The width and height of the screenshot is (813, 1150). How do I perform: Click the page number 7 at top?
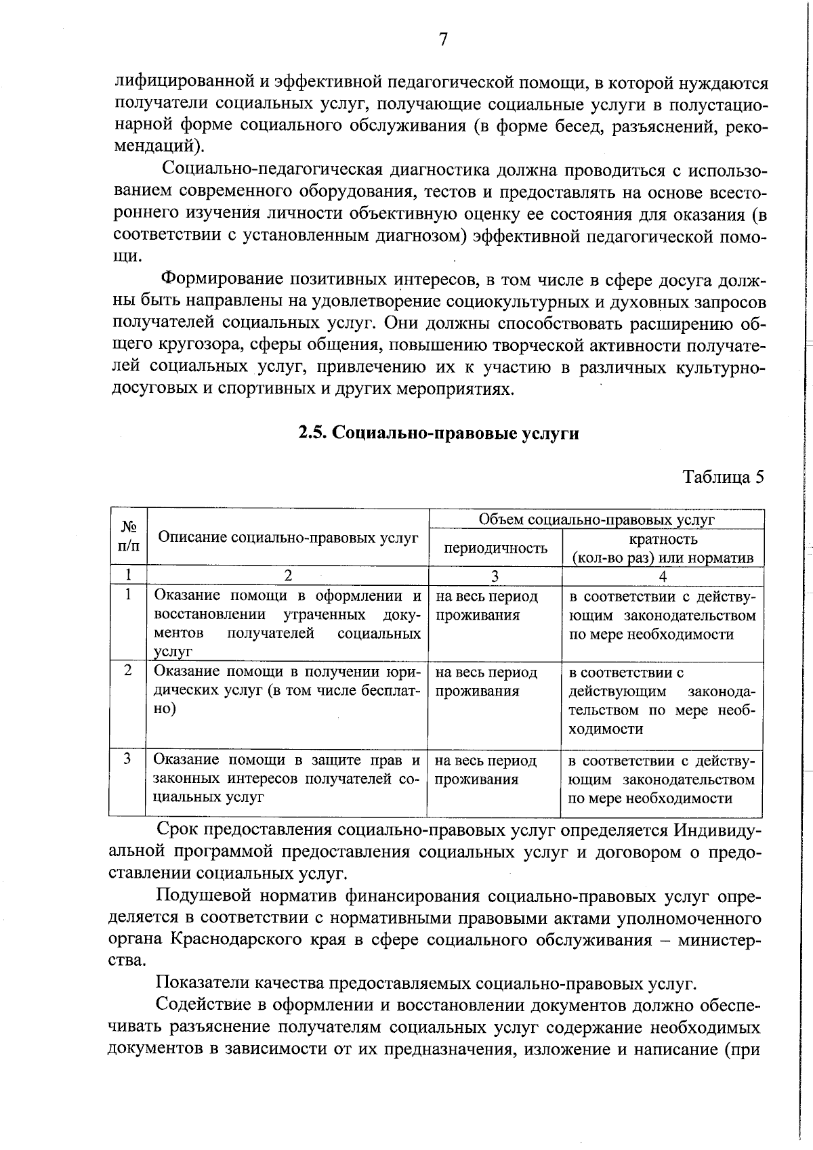click(442, 40)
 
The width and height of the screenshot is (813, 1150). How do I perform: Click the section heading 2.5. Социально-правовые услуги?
click(439, 433)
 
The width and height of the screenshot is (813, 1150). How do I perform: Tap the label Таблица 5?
click(723, 477)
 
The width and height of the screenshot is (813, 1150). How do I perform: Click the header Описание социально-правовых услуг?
click(288, 538)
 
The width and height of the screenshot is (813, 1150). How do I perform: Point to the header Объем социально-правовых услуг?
click(596, 519)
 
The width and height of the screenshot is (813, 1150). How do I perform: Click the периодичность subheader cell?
click(495, 548)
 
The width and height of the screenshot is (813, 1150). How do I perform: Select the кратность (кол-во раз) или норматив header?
click(663, 549)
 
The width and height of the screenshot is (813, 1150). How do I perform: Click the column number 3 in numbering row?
click(495, 576)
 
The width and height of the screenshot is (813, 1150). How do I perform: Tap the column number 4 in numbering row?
click(663, 576)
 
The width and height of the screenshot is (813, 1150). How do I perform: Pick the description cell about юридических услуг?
click(287, 690)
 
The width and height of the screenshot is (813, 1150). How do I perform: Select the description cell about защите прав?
click(287, 779)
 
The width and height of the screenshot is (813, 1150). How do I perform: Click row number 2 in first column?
click(128, 670)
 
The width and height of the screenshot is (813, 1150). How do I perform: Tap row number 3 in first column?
click(127, 759)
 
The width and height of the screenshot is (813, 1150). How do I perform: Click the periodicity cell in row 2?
click(486, 682)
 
